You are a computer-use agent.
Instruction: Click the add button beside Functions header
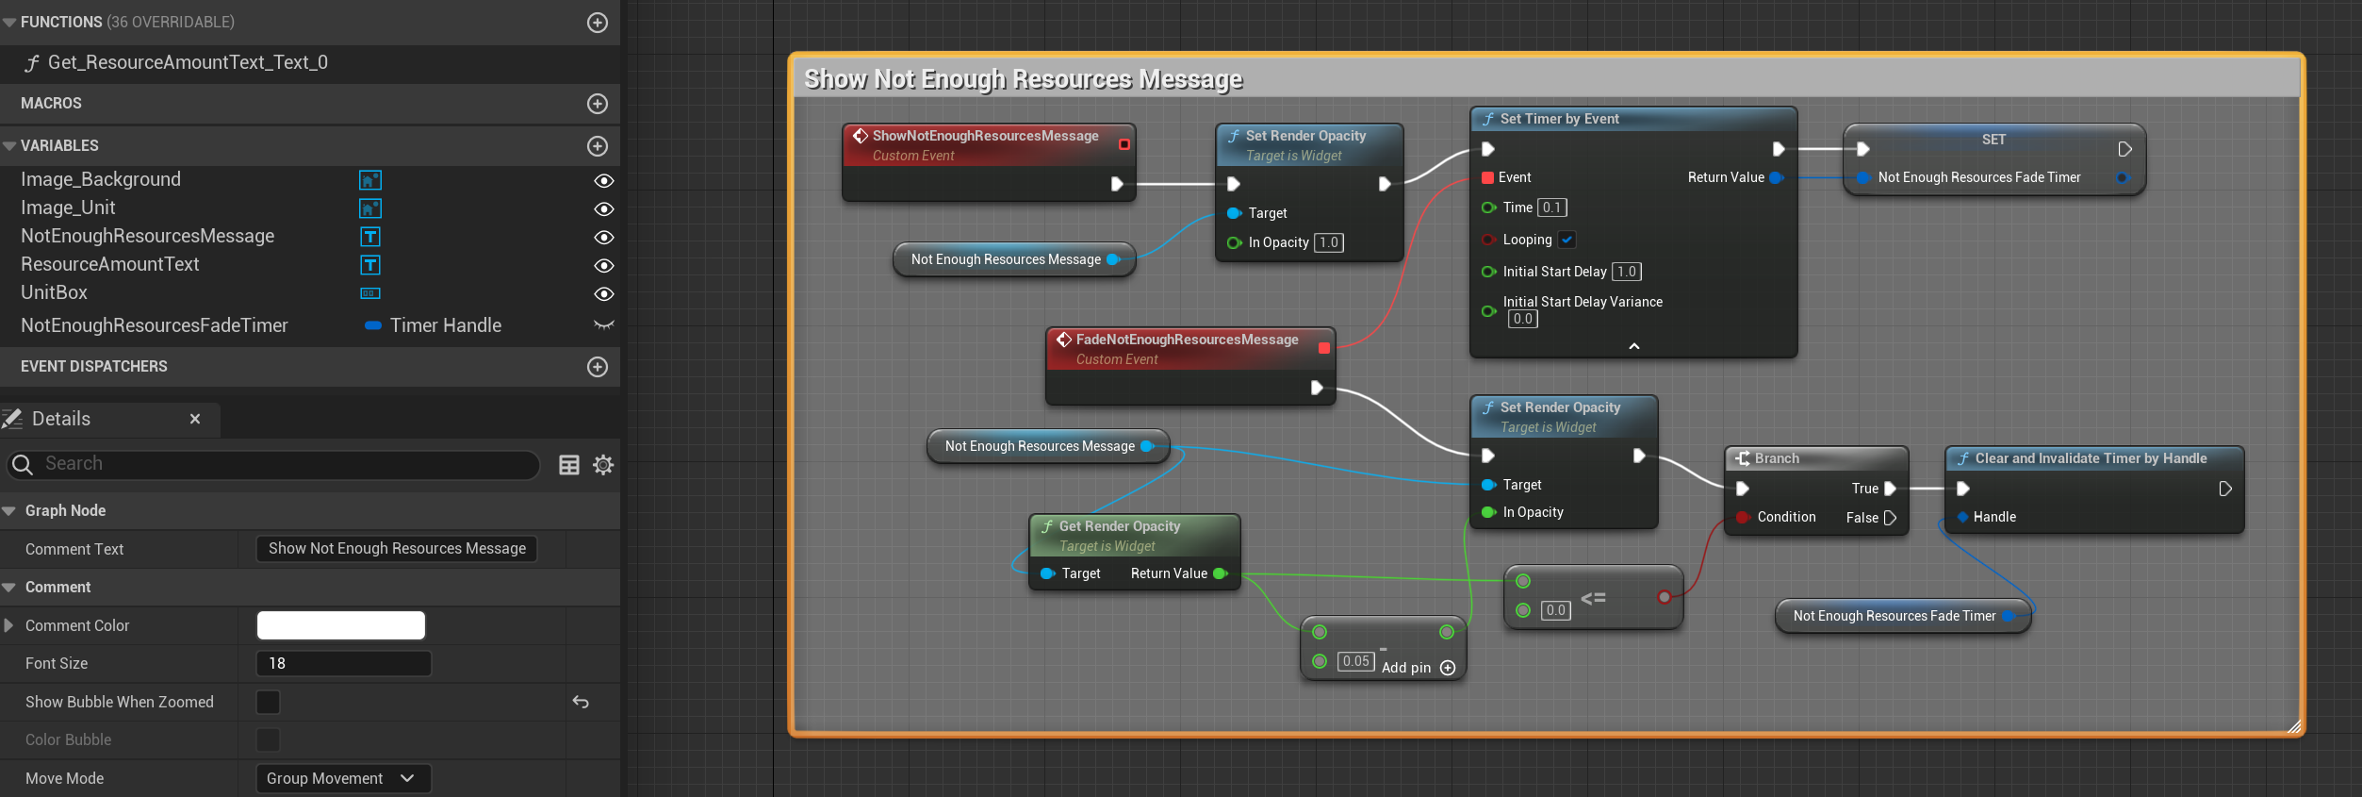click(x=598, y=23)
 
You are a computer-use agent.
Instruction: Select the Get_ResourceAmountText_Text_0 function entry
click(x=187, y=62)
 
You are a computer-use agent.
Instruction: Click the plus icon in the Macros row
click(x=598, y=104)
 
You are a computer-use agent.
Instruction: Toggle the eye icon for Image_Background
click(x=604, y=180)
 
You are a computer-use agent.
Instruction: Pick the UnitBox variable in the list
click(x=55, y=293)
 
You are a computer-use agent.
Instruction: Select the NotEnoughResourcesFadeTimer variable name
click(x=155, y=325)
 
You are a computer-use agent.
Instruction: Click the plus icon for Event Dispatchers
click(x=598, y=367)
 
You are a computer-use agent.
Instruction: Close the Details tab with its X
click(x=195, y=419)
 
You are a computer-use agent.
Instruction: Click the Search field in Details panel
click(x=283, y=464)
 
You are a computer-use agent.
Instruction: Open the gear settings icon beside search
click(x=603, y=465)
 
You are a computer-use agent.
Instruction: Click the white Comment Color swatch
click(x=341, y=625)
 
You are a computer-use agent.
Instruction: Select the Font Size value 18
click(x=343, y=664)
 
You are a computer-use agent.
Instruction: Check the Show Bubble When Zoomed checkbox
click(x=269, y=702)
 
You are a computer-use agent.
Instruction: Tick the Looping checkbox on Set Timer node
click(x=1566, y=240)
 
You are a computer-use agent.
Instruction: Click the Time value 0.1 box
click(x=1551, y=208)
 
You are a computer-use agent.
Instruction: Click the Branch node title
click(x=1777, y=458)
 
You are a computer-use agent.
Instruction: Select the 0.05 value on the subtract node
click(x=1355, y=661)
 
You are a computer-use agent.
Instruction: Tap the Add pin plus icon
click(x=1449, y=668)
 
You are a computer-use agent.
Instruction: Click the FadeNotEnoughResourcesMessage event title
click(x=1187, y=340)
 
